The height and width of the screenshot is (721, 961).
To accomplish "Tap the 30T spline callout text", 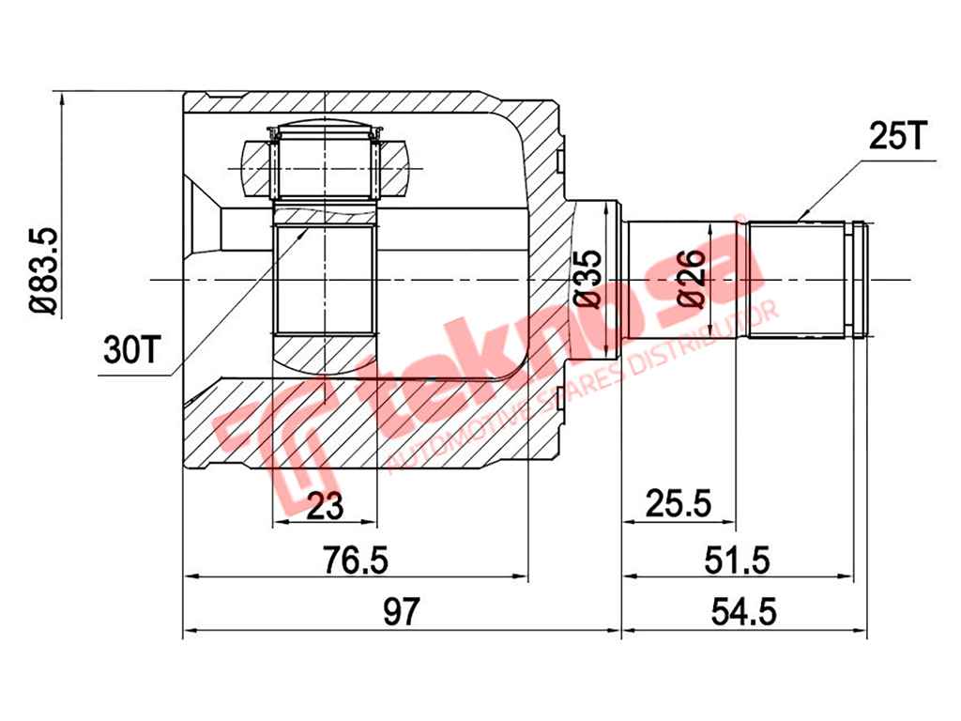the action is [x=131, y=350].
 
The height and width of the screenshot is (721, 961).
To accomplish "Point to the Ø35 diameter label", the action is [x=587, y=278].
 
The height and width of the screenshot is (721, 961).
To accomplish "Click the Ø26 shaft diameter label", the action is [x=692, y=278].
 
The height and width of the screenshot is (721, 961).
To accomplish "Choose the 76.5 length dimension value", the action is [x=356, y=560].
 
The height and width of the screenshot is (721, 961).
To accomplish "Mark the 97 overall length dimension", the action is [x=402, y=611].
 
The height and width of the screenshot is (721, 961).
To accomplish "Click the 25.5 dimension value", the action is [x=679, y=504].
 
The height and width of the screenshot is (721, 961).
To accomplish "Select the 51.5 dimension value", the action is [x=738, y=560].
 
